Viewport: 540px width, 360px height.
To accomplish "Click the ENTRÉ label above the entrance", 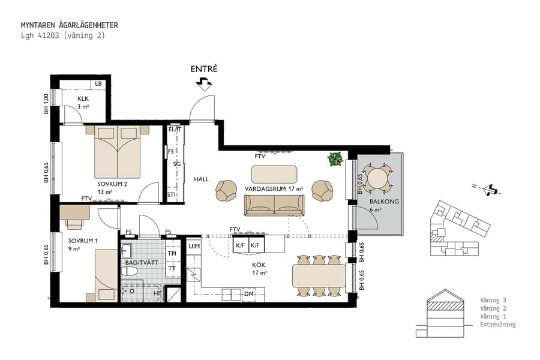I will (x=203, y=69).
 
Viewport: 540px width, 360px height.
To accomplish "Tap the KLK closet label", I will (x=83, y=98).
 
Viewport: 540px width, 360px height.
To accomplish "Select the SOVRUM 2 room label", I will (x=112, y=184).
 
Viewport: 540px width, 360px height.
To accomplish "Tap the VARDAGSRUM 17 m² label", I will (x=274, y=188).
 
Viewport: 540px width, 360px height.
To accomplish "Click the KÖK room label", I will (x=259, y=264).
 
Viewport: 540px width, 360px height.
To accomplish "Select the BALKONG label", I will (x=381, y=202).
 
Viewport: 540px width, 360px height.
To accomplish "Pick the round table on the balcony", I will (x=378, y=178).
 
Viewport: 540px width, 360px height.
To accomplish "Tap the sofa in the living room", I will (x=274, y=205).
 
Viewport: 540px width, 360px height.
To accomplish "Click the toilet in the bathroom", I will (x=130, y=272).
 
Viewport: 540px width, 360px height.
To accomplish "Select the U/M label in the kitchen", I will (x=194, y=246).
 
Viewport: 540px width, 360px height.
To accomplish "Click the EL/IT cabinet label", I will (x=175, y=129).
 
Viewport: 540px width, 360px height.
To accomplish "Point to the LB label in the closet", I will (x=98, y=84).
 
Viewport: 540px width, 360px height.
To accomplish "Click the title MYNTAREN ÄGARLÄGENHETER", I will (x=69, y=25).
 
